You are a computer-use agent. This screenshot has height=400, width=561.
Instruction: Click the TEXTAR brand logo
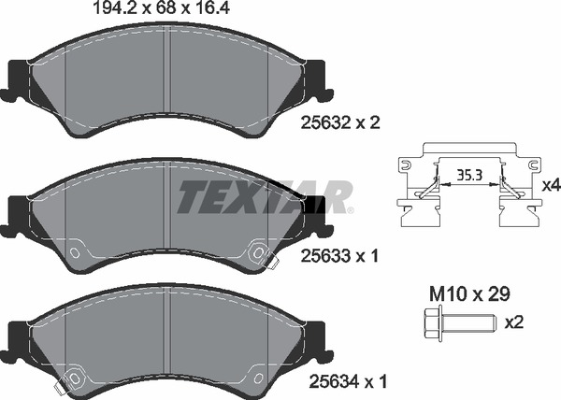point(265,195)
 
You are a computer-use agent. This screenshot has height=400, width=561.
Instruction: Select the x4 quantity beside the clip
point(551,186)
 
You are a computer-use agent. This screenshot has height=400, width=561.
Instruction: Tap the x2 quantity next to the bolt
point(514,322)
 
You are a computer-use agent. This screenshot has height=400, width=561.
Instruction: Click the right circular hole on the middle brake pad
point(257,250)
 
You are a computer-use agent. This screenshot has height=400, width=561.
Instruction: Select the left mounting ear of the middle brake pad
point(17,213)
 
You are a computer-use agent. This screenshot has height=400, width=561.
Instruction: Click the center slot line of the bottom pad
point(166,332)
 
